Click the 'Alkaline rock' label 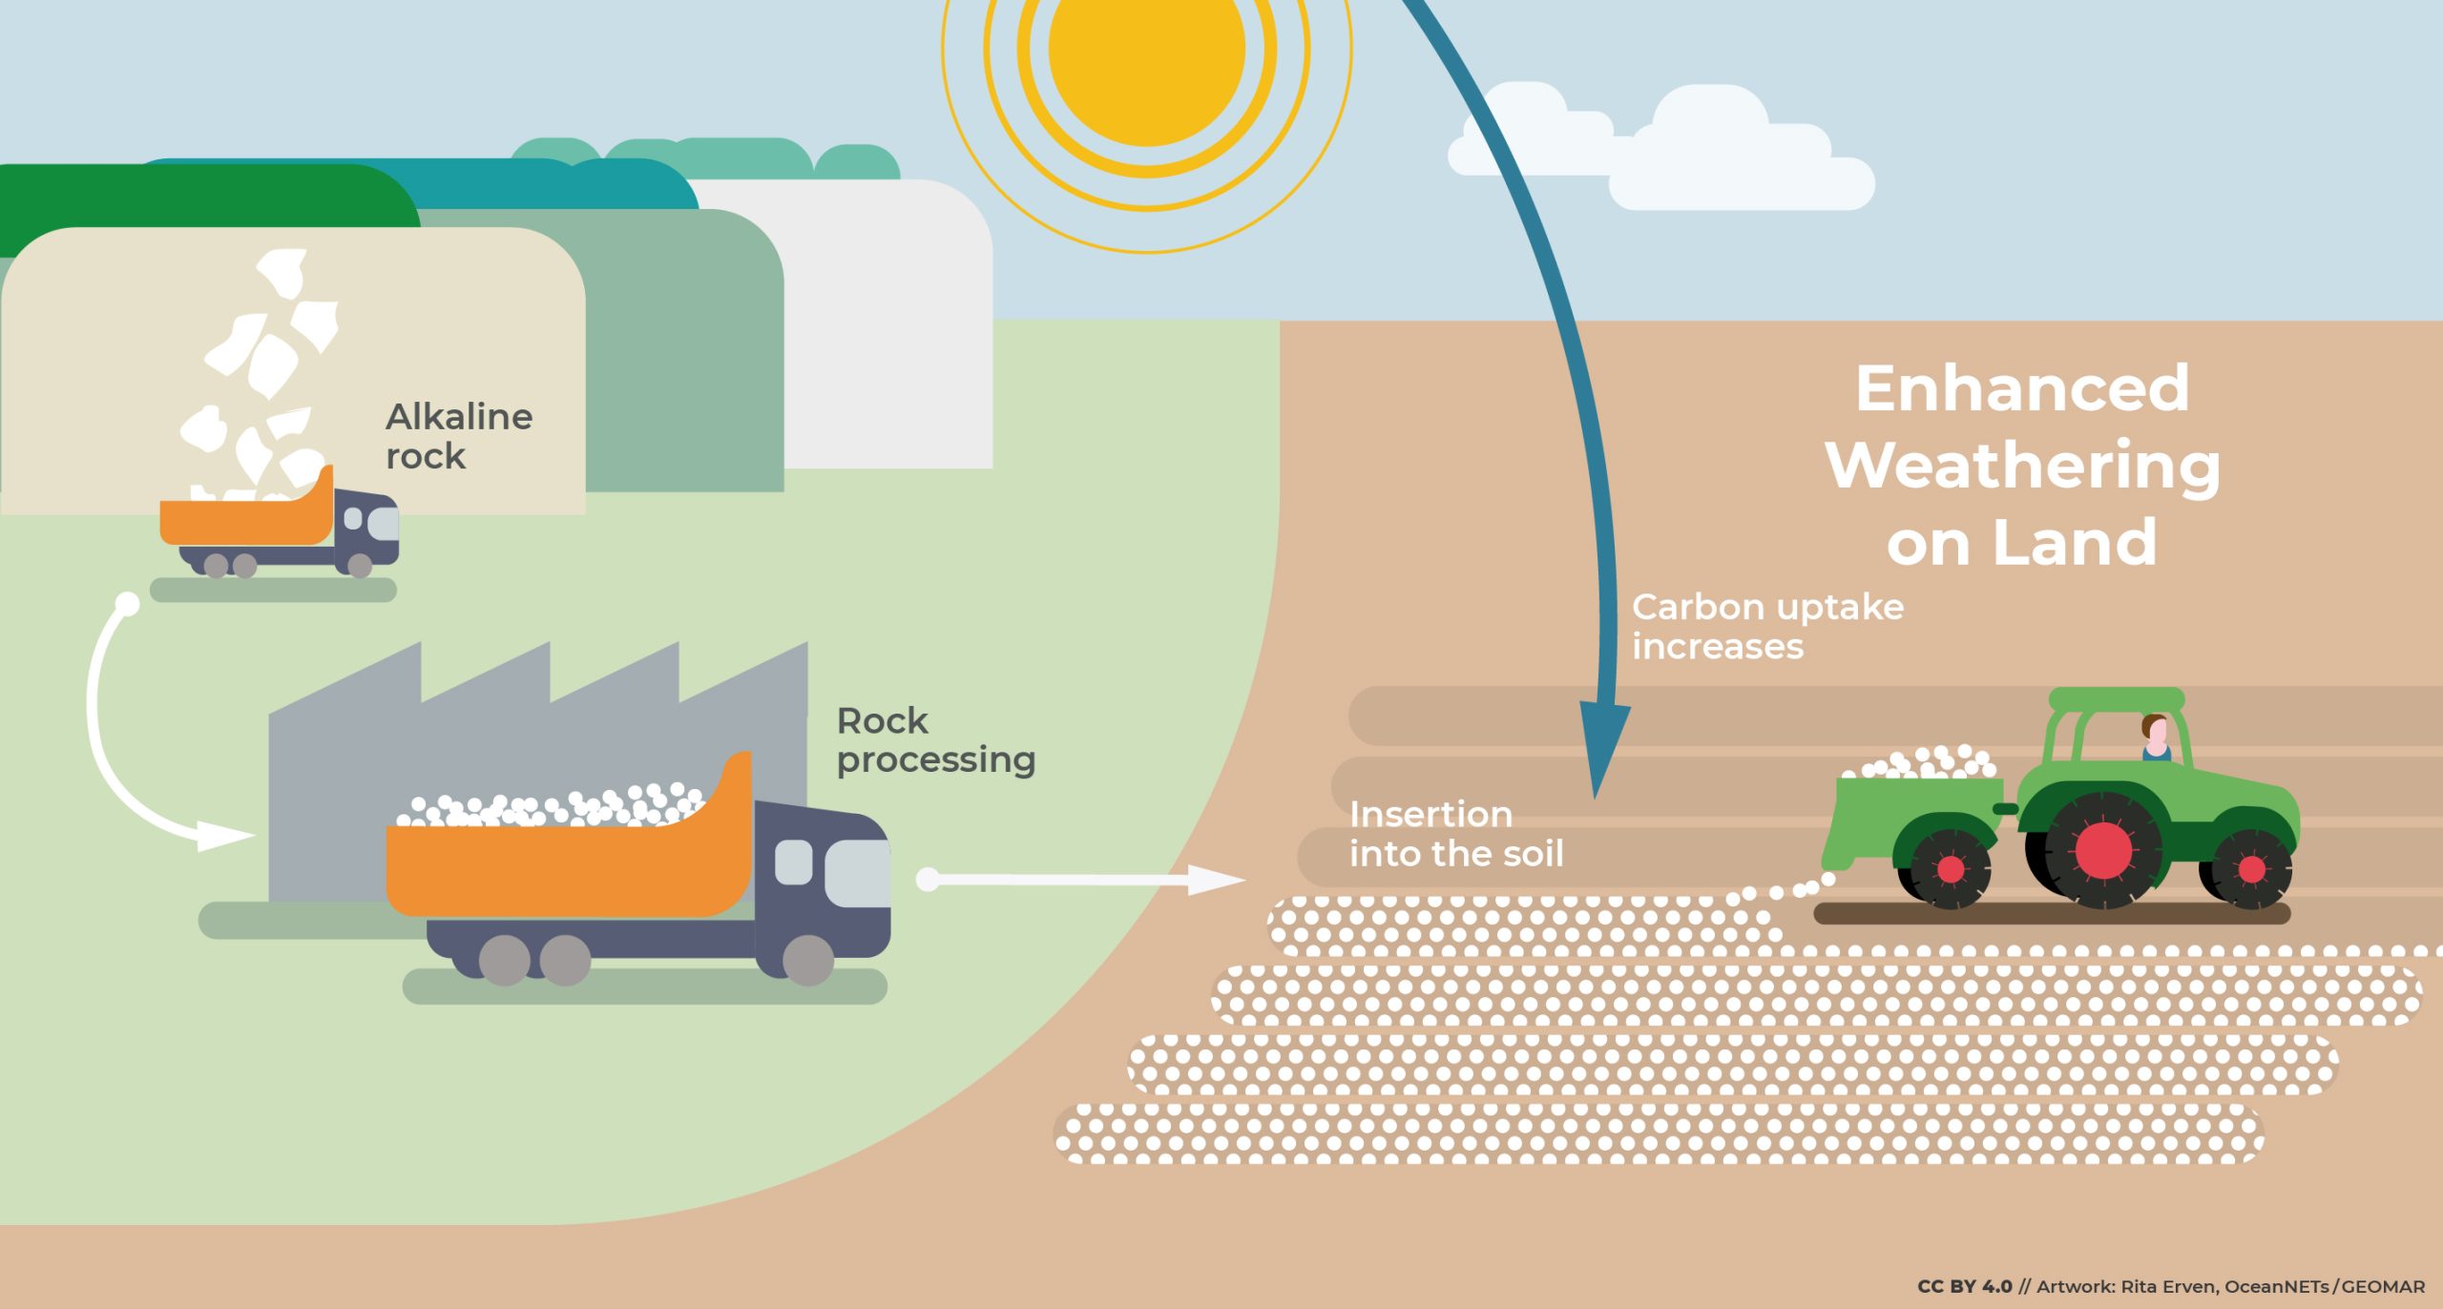458,436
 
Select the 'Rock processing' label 934,740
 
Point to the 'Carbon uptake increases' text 1766,626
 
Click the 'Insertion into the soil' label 1455,834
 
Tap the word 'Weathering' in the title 2022,466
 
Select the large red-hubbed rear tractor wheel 2102,849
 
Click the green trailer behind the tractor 1918,811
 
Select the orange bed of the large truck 563,868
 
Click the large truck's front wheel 807,959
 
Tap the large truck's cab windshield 856,874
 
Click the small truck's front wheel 359,566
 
